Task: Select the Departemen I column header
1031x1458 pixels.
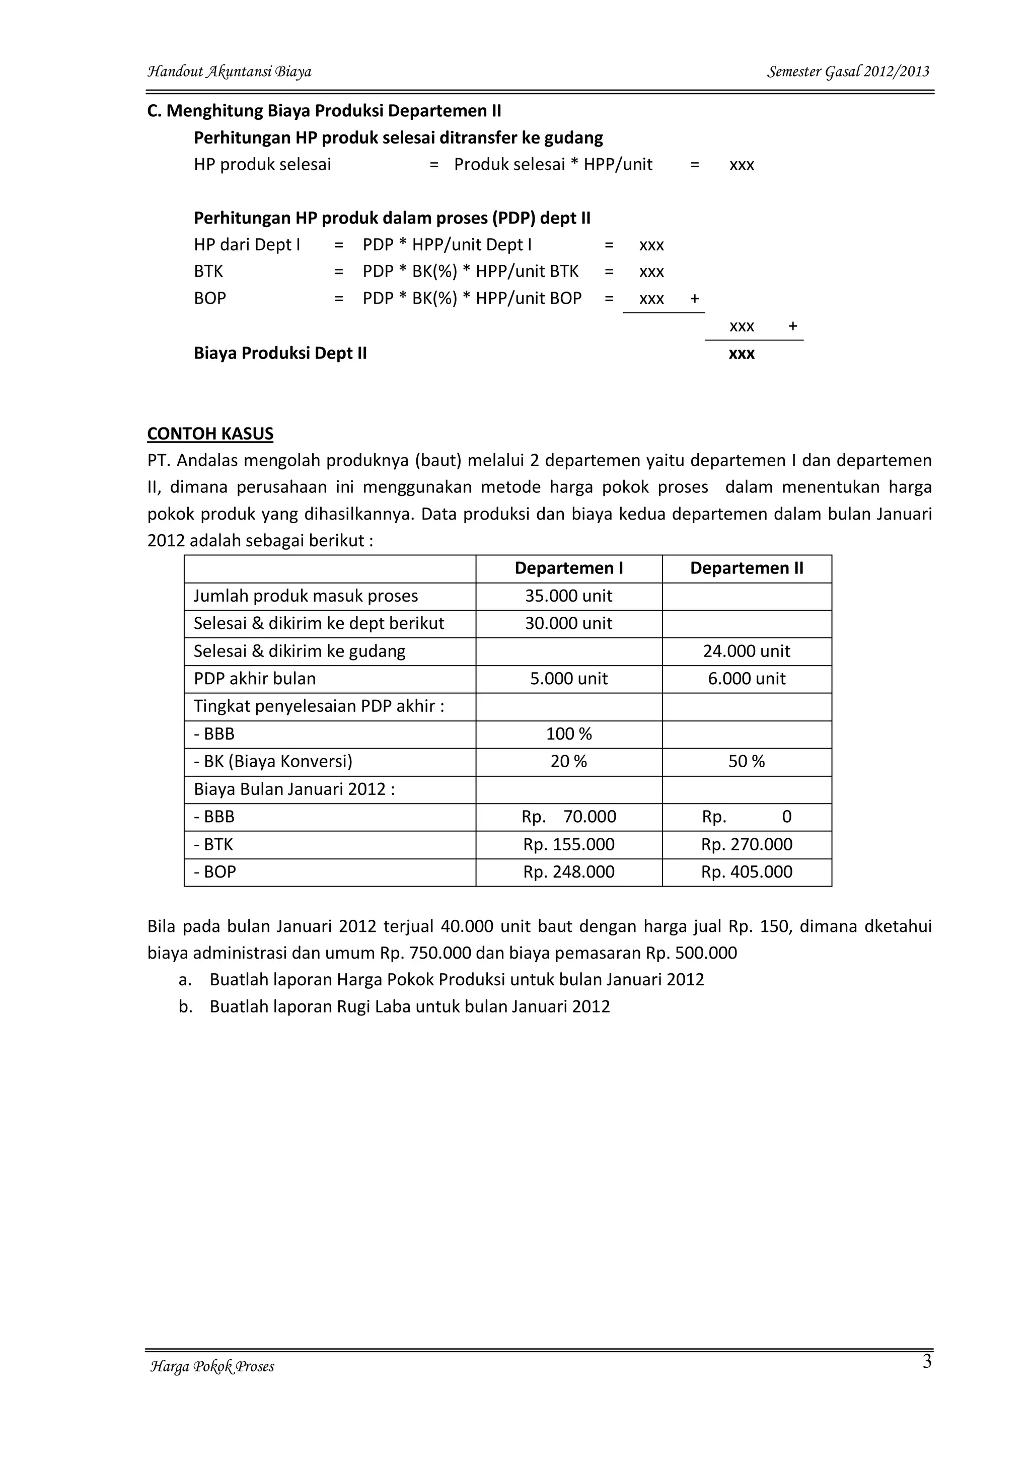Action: click(568, 568)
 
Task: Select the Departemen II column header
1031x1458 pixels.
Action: click(747, 568)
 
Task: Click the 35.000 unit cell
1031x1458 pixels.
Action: click(568, 596)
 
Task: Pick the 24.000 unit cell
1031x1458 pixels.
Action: click(747, 651)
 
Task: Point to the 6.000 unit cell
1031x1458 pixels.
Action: click(747, 679)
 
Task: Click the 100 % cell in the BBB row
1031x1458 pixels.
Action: click(568, 734)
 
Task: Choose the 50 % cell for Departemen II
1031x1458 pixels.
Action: click(747, 761)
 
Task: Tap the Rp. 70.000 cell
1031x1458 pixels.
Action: click(569, 817)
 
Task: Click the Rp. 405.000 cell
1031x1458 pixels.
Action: click(747, 872)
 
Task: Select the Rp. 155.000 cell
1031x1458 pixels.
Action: click(569, 845)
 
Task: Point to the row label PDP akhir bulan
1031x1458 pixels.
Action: click(255, 679)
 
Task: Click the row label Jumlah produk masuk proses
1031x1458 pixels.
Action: click(306, 596)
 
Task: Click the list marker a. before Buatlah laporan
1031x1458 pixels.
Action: click(185, 980)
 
